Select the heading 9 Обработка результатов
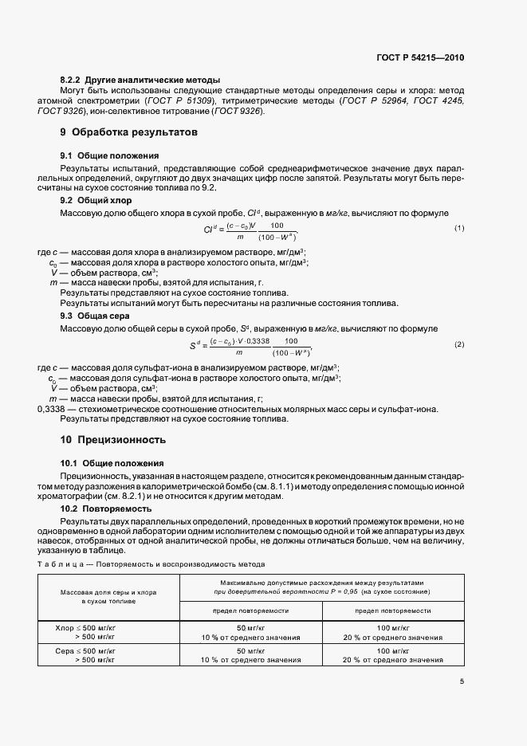pyautogui.click(x=128, y=132)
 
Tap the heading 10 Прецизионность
pyautogui.click(x=113, y=439)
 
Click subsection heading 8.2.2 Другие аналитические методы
pyautogui.click(x=140, y=80)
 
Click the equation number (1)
pyautogui.click(x=459, y=229)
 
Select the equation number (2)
pyautogui.click(x=459, y=344)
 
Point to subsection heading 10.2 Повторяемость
pyautogui.click(x=108, y=508)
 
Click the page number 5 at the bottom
pyautogui.click(x=462, y=681)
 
